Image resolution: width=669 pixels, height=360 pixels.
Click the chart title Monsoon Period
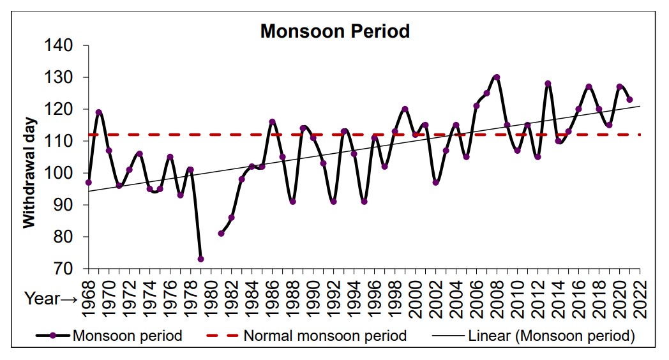click(x=334, y=31)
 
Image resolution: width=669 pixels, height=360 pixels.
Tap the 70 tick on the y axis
click(x=65, y=269)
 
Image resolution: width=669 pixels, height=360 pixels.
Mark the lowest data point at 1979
click(x=200, y=259)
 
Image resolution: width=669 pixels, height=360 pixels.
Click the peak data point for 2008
click(x=497, y=77)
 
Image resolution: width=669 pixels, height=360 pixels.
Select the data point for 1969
click(x=99, y=112)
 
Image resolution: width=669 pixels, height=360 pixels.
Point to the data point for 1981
click(x=221, y=234)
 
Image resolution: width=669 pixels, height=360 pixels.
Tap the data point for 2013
click(x=548, y=84)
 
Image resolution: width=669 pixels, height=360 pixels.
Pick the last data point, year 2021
click(x=629, y=100)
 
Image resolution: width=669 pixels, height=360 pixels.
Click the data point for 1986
click(x=272, y=122)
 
